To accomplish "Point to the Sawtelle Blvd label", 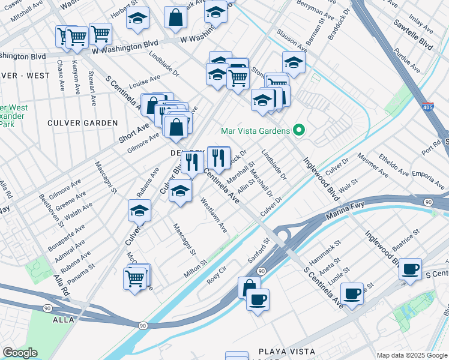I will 412,37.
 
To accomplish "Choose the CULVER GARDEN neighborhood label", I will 83,123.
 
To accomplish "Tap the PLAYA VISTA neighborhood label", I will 286,351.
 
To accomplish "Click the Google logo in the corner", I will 20,353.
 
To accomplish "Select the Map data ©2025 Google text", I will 412,355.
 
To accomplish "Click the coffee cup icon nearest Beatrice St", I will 410,269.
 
